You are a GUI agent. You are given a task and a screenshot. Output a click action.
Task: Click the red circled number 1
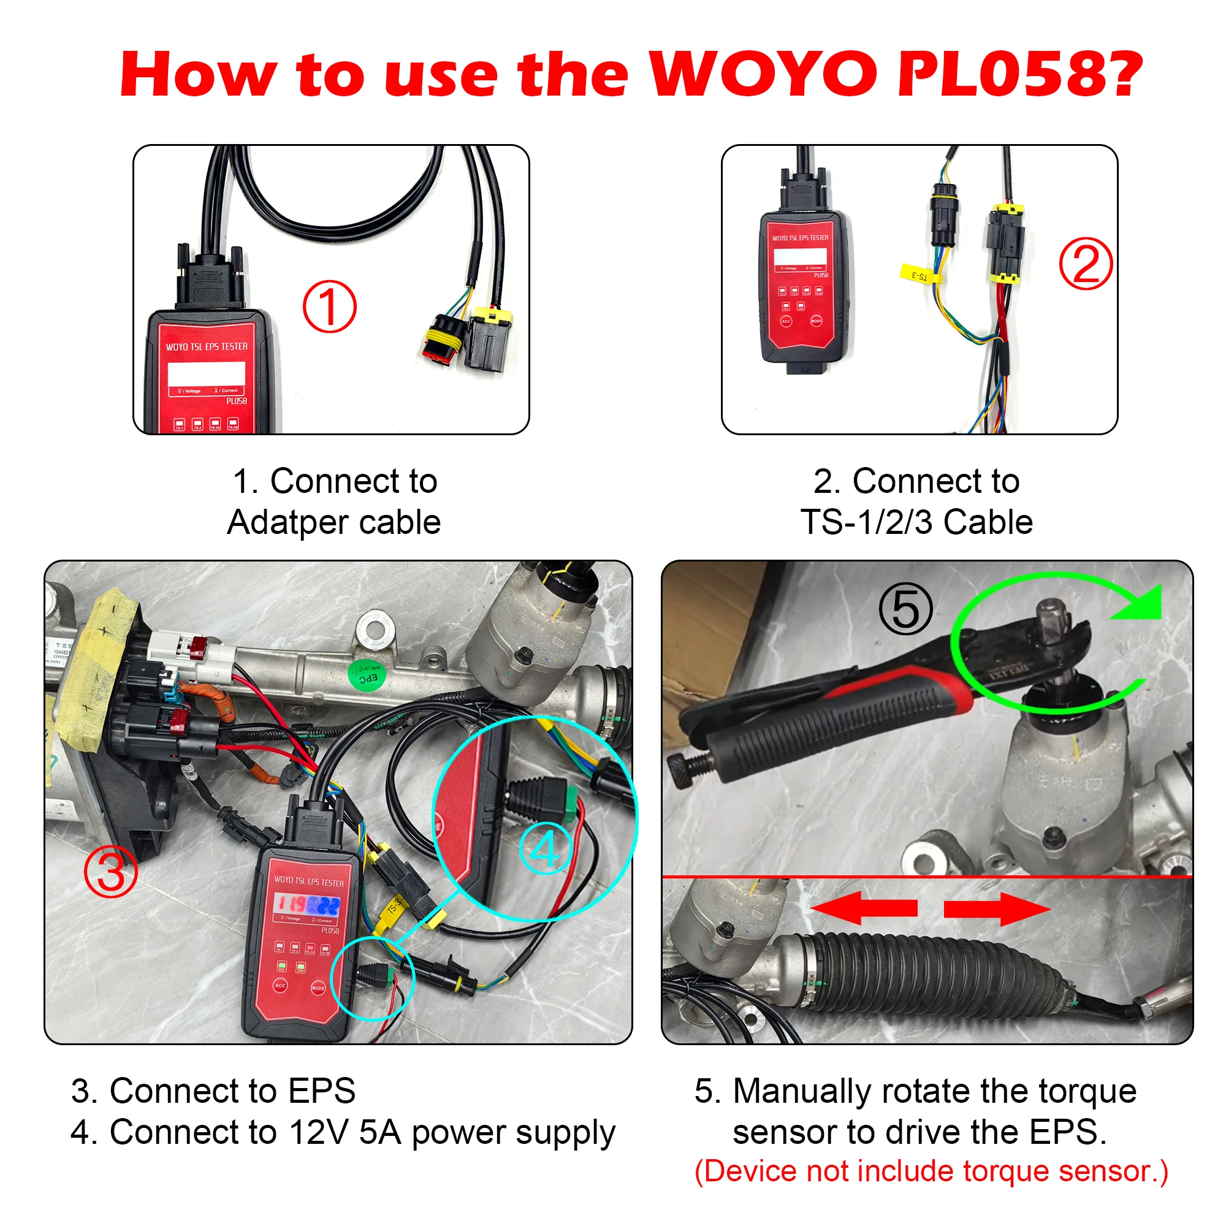point(329,306)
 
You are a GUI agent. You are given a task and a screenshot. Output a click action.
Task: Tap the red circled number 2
point(1085,264)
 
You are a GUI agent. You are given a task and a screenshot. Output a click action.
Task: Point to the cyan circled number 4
point(545,848)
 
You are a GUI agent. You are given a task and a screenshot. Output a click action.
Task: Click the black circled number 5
point(905,609)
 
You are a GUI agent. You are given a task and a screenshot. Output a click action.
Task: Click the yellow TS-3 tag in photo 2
point(919,274)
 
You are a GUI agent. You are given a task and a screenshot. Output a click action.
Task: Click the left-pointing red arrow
point(864,908)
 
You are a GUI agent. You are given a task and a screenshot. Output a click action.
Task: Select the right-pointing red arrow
point(996,908)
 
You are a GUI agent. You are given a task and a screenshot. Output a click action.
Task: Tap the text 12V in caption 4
point(319,1132)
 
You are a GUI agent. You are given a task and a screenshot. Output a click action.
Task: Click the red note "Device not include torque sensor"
point(931,1171)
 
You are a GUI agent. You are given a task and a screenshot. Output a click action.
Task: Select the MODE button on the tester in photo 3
point(318,988)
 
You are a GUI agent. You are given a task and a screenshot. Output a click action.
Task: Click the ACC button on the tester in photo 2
point(786,321)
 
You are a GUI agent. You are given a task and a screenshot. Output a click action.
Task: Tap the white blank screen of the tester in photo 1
point(206,374)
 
